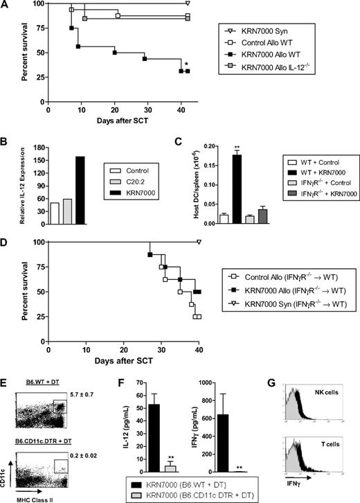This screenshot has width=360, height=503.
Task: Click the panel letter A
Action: point(6,6)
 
